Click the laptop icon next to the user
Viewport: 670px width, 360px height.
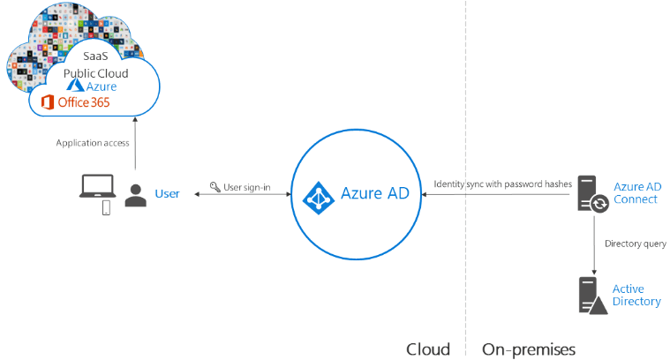[95, 186]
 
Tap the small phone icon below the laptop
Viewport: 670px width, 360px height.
[107, 208]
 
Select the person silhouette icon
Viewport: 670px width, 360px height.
[136, 195]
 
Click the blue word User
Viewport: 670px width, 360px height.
[167, 193]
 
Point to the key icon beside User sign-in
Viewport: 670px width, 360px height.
[215, 187]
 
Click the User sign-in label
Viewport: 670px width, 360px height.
[246, 187]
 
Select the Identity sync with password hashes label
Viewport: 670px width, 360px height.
[502, 184]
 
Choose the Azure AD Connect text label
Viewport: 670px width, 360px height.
[636, 192]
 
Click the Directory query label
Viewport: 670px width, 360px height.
[633, 244]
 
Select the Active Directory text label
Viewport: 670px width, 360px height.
[636, 295]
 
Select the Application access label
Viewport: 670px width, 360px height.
[93, 142]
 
